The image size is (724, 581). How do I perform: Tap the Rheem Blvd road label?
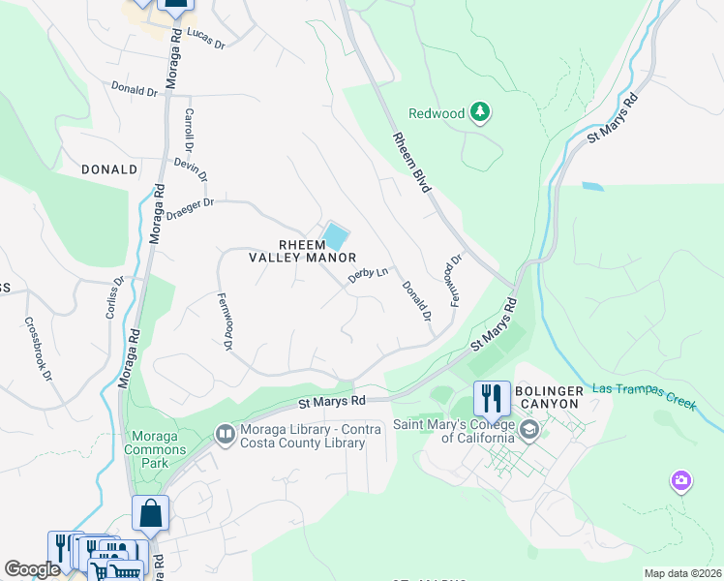click(410, 162)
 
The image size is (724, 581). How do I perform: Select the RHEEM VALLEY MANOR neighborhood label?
click(304, 250)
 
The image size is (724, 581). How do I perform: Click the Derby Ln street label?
click(368, 276)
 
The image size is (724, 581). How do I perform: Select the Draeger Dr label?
click(189, 208)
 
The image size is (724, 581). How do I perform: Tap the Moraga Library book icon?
click(225, 435)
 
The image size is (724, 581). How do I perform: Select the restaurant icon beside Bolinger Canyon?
click(490, 397)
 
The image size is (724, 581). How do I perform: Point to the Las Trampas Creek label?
click(644, 397)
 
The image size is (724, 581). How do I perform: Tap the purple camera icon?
click(681, 480)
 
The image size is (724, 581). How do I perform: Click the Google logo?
click(32, 569)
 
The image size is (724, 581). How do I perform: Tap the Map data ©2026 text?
click(681, 573)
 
